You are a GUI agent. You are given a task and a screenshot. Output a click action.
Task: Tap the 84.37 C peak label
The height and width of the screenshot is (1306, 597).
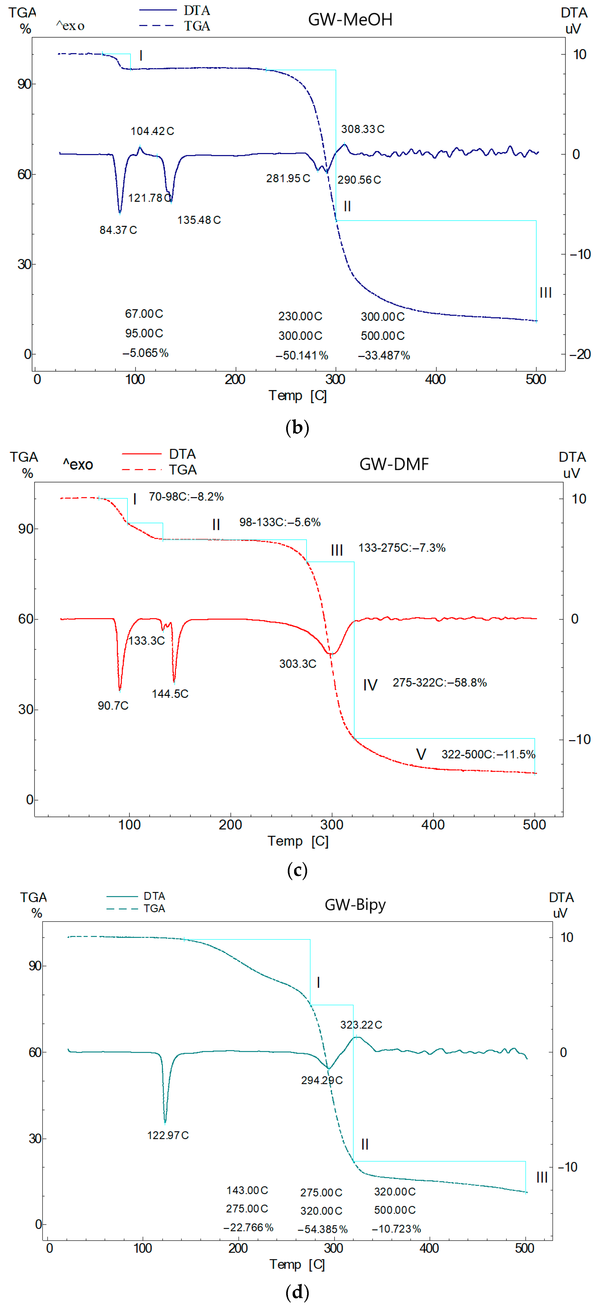[x=118, y=230]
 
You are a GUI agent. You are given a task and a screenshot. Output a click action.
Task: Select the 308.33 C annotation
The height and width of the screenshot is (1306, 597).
[x=362, y=129]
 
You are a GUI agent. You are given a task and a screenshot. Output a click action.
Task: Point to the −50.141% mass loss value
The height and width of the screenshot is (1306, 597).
[x=302, y=355]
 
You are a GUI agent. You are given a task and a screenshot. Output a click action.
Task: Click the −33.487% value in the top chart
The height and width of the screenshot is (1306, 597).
[x=384, y=355]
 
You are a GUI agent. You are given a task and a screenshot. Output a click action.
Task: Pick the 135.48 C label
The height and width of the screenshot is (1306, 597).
[x=199, y=220]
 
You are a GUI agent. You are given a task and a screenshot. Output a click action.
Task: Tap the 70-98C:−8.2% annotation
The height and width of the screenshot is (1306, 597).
[x=186, y=497]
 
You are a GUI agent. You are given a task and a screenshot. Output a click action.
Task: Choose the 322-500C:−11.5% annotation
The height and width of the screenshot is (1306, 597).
[x=488, y=754]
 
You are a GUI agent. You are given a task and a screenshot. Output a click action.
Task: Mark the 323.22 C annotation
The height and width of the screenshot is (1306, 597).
[x=361, y=1025]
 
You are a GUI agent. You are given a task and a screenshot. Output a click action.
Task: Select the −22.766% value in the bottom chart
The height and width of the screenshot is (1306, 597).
[x=248, y=1227]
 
